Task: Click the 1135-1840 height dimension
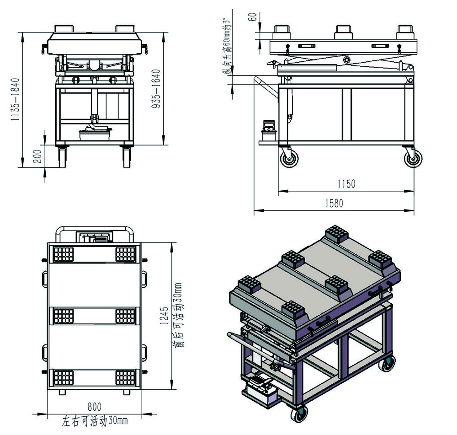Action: (x=15, y=99)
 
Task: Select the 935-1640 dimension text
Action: (x=156, y=89)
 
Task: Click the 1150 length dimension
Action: (x=346, y=184)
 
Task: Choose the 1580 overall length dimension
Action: (x=335, y=204)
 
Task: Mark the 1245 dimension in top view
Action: (x=165, y=315)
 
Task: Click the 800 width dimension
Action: (x=95, y=407)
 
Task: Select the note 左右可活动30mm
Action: (x=95, y=421)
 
